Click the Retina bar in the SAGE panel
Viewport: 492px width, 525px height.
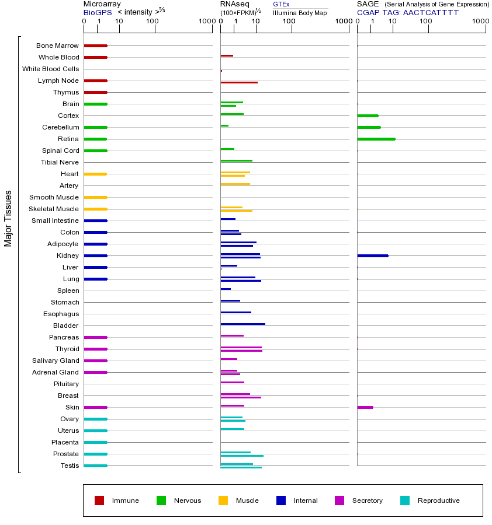(376, 139)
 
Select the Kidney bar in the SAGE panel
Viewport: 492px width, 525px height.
(372, 256)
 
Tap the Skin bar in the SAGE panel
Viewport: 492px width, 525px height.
(365, 407)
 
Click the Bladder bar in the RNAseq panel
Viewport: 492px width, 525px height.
(242, 324)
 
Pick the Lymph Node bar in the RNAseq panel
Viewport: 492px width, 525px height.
(238, 82)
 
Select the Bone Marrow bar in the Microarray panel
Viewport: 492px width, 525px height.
(95, 45)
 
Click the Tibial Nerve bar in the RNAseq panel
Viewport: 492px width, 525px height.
(236, 160)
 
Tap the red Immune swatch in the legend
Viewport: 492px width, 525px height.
(99, 501)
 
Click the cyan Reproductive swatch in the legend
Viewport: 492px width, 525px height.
(405, 501)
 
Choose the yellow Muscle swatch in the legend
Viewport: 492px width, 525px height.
(223, 501)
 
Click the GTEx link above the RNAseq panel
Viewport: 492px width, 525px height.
(281, 4)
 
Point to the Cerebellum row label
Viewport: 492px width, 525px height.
(60, 127)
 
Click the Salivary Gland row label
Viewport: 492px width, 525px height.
(56, 360)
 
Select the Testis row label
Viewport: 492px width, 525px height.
(70, 466)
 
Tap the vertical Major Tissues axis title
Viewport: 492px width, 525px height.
(8, 218)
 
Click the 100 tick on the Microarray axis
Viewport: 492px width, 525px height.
(152, 22)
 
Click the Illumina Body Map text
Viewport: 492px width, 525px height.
(300, 12)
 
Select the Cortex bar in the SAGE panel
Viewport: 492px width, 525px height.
(368, 116)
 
